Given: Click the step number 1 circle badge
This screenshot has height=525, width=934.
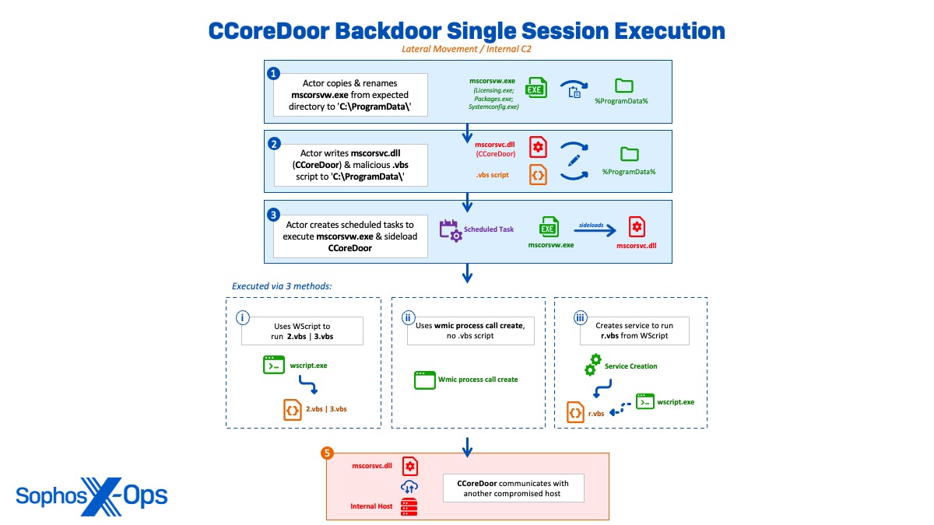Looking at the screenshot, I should pyautogui.click(x=273, y=73).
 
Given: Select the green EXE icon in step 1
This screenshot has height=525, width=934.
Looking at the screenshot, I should pyautogui.click(x=535, y=88).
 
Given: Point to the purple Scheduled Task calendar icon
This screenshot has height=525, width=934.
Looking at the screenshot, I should pyautogui.click(x=451, y=230).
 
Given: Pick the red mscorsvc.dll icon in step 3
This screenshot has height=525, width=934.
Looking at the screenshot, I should pyautogui.click(x=637, y=226).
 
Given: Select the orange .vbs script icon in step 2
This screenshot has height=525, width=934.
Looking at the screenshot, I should pyautogui.click(x=538, y=175).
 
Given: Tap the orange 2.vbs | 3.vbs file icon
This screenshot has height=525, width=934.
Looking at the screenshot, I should pyautogui.click(x=293, y=408).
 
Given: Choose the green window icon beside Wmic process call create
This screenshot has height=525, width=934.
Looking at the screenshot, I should pyautogui.click(x=425, y=380).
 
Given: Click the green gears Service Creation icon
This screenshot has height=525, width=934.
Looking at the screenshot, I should pyautogui.click(x=593, y=365).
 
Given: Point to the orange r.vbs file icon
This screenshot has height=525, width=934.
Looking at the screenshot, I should pyautogui.click(x=576, y=413).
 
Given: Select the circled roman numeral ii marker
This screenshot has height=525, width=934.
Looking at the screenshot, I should pyautogui.click(x=408, y=317).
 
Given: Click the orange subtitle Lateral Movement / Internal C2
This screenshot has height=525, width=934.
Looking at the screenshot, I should pyautogui.click(x=466, y=48).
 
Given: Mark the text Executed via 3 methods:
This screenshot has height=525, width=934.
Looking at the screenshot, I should pyautogui.click(x=282, y=286).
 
